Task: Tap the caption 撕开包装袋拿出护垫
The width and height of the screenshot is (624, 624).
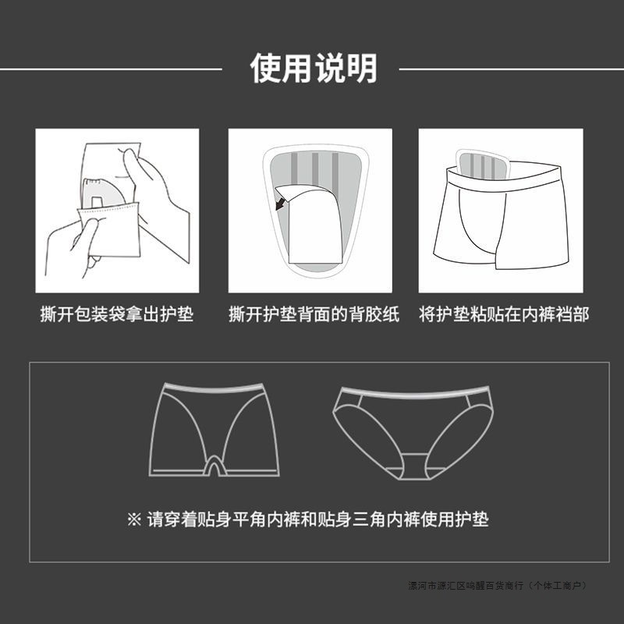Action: [x=117, y=315]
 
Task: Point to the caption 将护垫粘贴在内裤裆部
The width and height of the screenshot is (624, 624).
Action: [x=504, y=315]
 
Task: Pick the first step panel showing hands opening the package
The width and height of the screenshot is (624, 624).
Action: [x=117, y=211]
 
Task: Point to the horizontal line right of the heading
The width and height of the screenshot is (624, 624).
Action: [x=511, y=69]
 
